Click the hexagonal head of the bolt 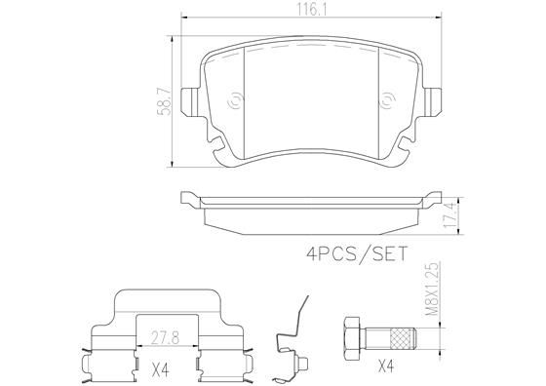pos(352,337)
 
